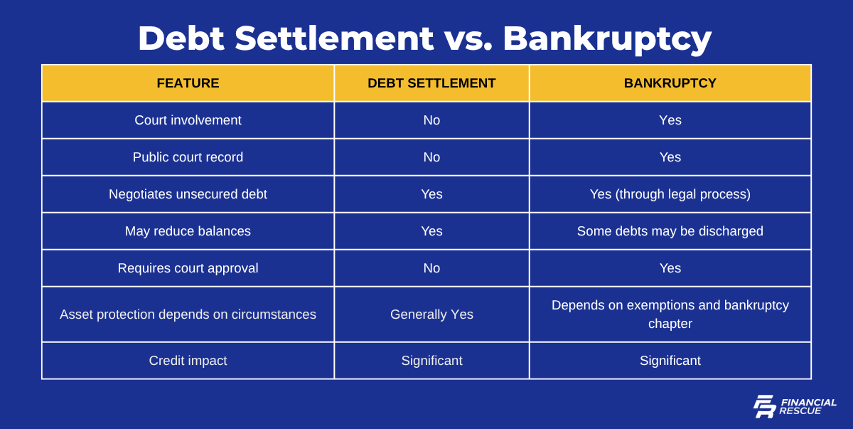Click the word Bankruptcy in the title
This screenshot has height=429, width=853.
(x=607, y=39)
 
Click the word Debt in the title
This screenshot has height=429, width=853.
(x=181, y=38)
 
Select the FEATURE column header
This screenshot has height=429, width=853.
(x=188, y=83)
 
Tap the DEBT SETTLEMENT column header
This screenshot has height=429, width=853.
(x=431, y=83)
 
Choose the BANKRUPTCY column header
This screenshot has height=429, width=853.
(x=670, y=83)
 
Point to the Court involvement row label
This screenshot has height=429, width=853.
(x=188, y=120)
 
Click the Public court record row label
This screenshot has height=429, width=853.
(x=188, y=157)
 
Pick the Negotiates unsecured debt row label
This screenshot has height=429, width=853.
(x=188, y=194)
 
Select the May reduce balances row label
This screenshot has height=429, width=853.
(x=188, y=231)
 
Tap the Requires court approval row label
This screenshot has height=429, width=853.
(x=188, y=268)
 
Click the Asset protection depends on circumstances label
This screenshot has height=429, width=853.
(x=188, y=314)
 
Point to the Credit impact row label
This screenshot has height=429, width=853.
(x=188, y=361)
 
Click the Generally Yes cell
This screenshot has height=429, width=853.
(x=431, y=314)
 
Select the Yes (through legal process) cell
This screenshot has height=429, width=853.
(x=670, y=194)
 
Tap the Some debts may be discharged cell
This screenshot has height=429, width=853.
(x=670, y=231)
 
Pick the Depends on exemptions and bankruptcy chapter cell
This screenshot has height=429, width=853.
(x=670, y=314)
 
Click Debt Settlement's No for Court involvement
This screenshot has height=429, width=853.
(x=431, y=120)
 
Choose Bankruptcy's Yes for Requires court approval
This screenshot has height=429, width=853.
(x=670, y=268)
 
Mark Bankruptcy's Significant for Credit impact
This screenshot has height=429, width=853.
(x=670, y=361)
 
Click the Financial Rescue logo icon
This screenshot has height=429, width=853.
(x=764, y=406)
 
